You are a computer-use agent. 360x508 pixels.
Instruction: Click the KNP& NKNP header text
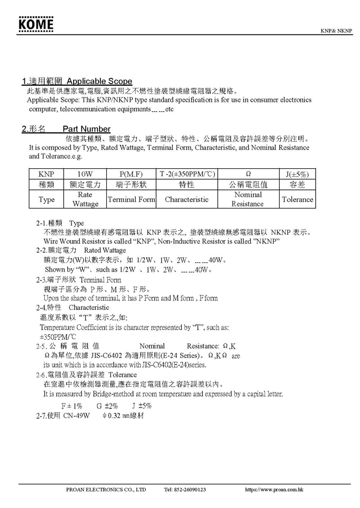[337, 30]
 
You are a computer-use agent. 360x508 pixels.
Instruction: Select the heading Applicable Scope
[100, 81]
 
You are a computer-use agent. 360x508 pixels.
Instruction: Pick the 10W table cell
[85, 174]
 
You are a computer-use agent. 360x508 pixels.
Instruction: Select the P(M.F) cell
[131, 174]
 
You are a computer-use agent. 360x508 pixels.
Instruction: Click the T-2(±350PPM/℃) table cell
[187, 174]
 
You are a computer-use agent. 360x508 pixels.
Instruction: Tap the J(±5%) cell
[297, 174]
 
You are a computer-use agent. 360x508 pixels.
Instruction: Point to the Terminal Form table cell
[131, 199]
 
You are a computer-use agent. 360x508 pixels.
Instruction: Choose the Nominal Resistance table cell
[248, 199]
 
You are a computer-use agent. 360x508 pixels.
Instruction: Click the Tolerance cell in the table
[297, 199]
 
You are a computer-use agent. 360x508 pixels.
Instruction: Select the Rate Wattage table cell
[85, 199]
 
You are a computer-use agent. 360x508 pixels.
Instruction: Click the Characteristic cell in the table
[187, 199]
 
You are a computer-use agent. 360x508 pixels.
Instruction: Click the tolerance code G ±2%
[107, 406]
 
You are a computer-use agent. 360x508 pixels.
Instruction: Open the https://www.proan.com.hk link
[274, 490]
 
